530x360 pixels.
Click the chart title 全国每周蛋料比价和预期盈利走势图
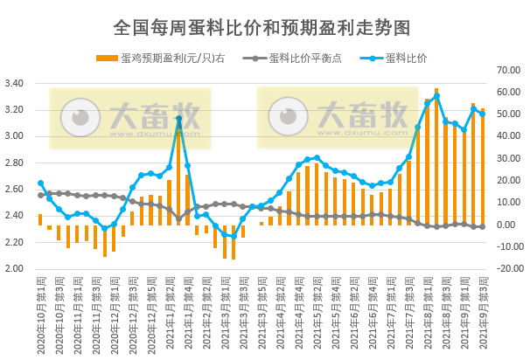[x=262, y=27]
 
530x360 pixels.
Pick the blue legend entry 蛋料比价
[x=401, y=59]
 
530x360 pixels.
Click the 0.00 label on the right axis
[x=510, y=225]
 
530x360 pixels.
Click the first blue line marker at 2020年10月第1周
[x=40, y=183]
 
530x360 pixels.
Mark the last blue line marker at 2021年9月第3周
[x=482, y=114]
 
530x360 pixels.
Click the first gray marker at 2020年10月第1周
[x=40, y=192]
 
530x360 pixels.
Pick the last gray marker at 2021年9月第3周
[x=482, y=226]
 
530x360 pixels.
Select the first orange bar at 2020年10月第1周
[x=40, y=219]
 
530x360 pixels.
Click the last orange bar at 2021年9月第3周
[x=482, y=167]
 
